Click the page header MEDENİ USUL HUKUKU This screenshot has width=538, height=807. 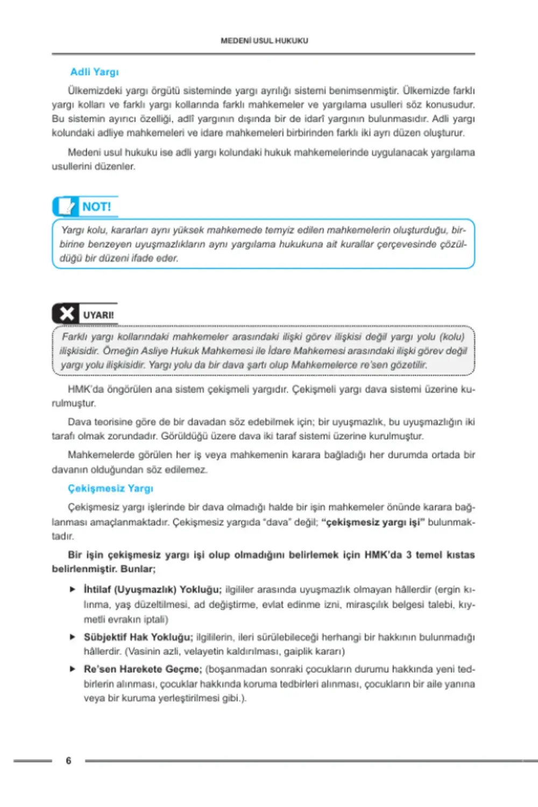pos(264,40)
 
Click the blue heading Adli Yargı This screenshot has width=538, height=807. pos(94,72)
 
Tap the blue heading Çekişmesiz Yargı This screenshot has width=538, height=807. pos(110,489)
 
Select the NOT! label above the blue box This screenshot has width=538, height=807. pos(96,207)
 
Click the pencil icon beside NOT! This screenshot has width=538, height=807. pos(66,207)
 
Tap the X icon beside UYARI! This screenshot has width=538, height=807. pos(67,314)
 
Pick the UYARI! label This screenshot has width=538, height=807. pos(98,315)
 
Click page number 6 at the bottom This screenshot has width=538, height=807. pos(68,761)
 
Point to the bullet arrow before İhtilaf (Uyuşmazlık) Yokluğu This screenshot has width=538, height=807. pos(73,590)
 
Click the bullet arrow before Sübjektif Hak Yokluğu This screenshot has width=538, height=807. pos(73,637)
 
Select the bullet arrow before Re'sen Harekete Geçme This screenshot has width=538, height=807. pos(73,669)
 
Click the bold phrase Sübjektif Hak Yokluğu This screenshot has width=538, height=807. pos(138,637)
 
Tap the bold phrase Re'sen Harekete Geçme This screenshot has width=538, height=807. pos(143,669)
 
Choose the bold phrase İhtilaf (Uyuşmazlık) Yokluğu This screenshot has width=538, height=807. pos(152,590)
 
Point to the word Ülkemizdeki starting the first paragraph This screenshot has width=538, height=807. pos(95,90)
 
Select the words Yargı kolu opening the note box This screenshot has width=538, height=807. pos(83,230)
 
